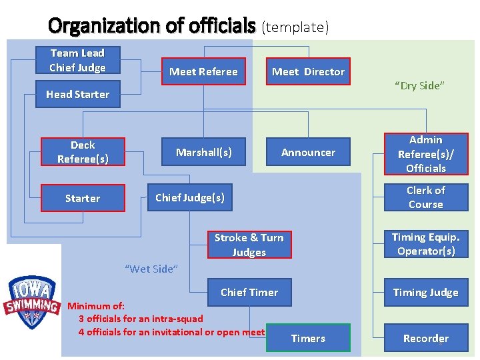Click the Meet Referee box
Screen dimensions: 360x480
[203, 72]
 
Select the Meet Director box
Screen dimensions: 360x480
[308, 72]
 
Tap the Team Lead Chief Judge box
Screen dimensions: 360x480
[77, 60]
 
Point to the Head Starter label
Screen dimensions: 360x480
[77, 95]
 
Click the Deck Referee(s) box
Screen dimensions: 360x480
[83, 152]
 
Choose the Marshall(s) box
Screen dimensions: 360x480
[204, 152]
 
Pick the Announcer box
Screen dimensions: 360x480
[308, 153]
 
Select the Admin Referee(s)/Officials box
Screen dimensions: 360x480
[425, 154]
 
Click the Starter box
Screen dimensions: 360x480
[83, 198]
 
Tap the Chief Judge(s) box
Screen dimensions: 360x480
[189, 197]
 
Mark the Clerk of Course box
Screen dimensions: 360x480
[425, 197]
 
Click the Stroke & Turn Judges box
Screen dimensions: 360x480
[249, 245]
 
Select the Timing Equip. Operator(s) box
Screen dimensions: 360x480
[425, 244]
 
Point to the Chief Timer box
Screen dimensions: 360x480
[249, 292]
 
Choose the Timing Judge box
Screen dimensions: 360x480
[425, 292]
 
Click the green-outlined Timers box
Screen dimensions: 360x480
[308, 338]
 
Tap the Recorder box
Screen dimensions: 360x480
[425, 338]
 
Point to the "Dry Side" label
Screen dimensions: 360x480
[419, 85]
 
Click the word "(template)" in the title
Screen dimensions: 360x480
[295, 27]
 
